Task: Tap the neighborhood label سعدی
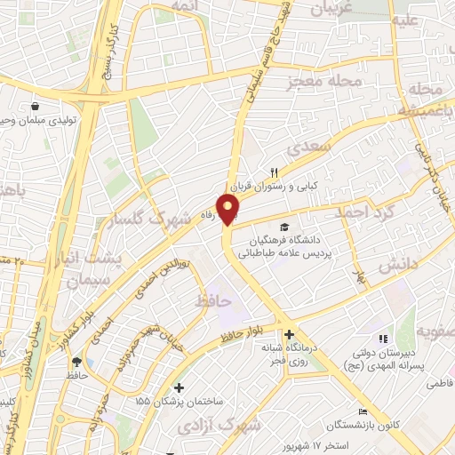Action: pyautogui.click(x=312, y=146)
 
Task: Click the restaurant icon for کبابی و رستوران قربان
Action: pyautogui.click(x=274, y=173)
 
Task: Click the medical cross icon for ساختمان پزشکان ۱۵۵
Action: pyautogui.click(x=180, y=387)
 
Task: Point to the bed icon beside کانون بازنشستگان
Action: pyautogui.click(x=363, y=411)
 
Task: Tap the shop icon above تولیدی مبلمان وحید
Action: pyautogui.click(x=36, y=104)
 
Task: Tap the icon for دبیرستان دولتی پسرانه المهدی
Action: pyautogui.click(x=384, y=338)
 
